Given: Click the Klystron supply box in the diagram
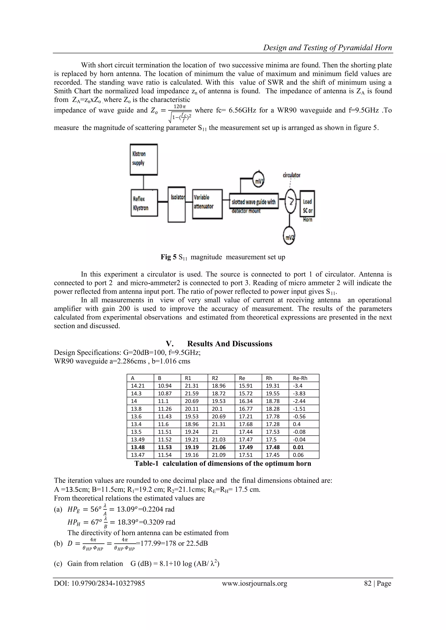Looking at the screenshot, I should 144,160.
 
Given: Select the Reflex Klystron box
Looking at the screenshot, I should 144,203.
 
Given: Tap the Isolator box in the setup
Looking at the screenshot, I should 177,205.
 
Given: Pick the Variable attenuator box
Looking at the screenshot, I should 207,204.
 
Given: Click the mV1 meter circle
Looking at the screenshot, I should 258,180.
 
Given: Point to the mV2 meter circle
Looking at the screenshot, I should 289,237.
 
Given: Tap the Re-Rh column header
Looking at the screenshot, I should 300,378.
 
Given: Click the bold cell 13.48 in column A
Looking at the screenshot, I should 138,447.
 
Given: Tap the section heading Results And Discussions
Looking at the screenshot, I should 230,344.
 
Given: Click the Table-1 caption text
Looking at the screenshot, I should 223,464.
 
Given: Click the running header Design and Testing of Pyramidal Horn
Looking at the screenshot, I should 327,48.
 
